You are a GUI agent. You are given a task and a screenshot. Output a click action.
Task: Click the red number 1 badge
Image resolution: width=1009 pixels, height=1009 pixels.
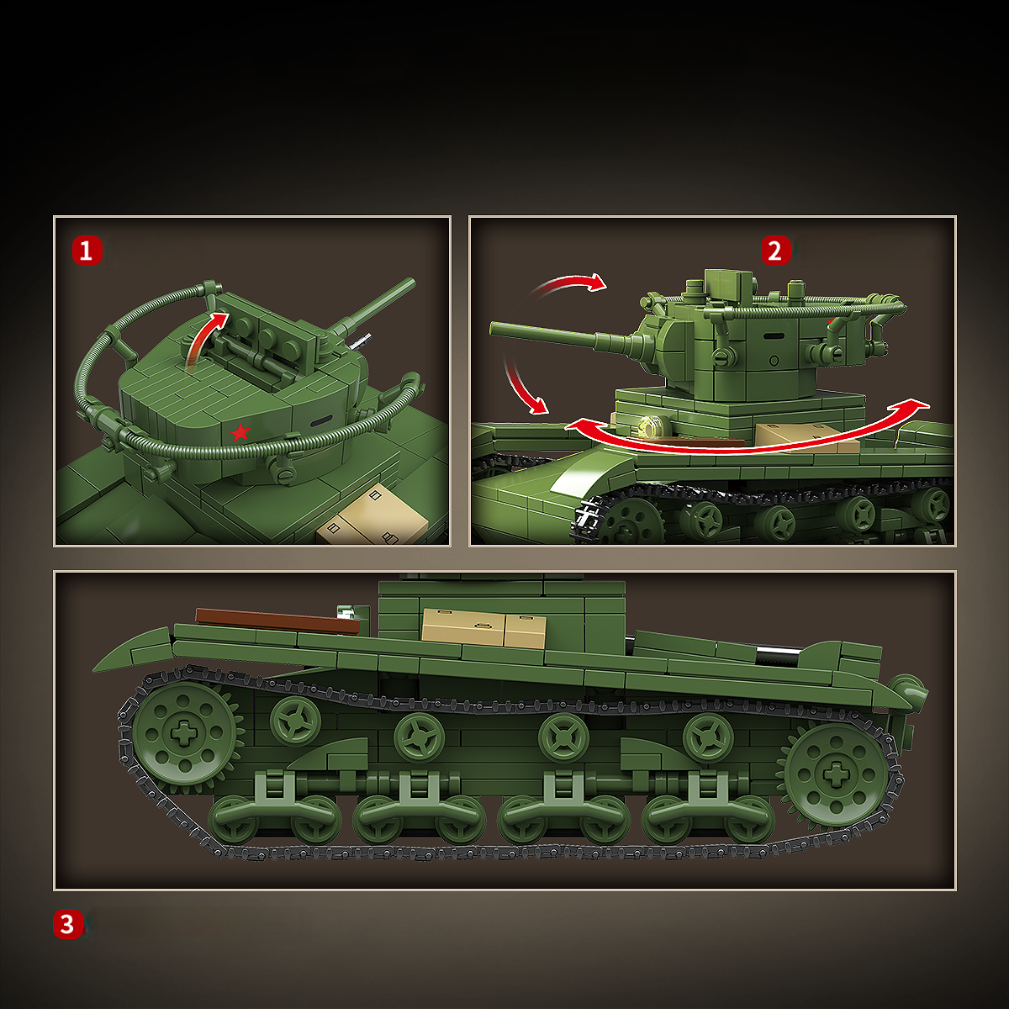[x=87, y=251]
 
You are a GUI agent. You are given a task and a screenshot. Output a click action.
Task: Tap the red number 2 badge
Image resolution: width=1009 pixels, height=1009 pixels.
[x=775, y=251]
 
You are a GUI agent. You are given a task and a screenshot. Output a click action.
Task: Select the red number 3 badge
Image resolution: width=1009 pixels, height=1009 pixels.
[x=68, y=924]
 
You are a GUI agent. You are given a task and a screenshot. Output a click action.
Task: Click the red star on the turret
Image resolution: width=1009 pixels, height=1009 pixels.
[x=240, y=432]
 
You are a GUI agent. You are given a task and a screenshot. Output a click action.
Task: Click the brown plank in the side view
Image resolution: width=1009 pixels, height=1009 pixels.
[x=277, y=621]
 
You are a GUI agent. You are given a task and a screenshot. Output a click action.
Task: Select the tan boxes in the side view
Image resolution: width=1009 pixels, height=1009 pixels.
[x=483, y=628]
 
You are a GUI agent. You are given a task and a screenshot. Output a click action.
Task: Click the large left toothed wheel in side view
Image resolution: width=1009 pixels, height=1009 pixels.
[x=182, y=733]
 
